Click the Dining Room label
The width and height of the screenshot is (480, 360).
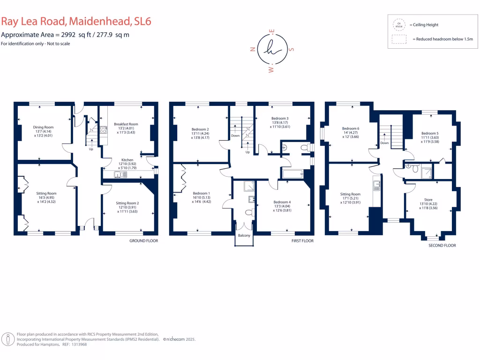click(x=43, y=127)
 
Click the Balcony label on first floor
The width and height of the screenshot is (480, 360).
click(x=244, y=235)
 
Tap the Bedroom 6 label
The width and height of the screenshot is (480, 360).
click(x=350, y=128)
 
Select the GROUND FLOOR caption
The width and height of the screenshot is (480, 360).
click(x=143, y=241)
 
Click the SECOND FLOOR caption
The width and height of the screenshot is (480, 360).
click(x=442, y=245)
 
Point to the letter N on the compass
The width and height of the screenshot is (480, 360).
click(x=254, y=48)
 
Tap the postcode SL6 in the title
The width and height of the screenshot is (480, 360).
click(x=142, y=21)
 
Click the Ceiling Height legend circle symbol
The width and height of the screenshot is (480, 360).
click(x=399, y=25)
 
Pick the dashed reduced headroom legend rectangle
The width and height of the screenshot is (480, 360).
click(x=399, y=40)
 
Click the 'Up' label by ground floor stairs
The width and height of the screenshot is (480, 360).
click(x=91, y=150)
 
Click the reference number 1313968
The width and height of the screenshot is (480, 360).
click(x=77, y=344)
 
